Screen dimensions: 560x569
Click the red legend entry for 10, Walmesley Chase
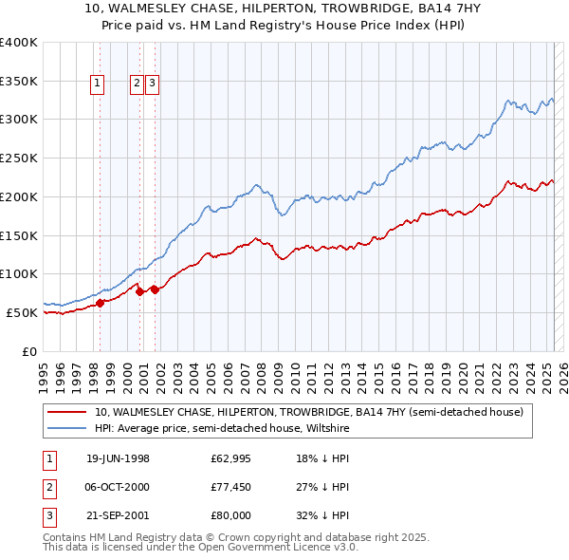point(309,412)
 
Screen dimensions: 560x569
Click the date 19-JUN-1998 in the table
point(118,458)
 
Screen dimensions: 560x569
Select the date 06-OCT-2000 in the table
point(118,487)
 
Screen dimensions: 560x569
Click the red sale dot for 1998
point(100,303)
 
